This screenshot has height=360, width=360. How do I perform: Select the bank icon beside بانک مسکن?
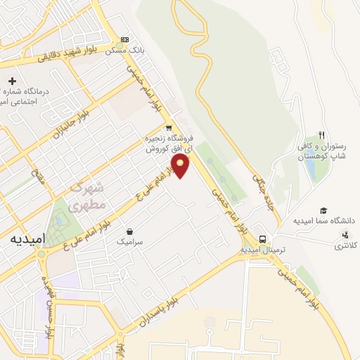(x=125, y=39)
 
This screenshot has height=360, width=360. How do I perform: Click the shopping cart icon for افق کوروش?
(x=168, y=128)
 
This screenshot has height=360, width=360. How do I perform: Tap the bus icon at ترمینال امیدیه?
(x=262, y=238)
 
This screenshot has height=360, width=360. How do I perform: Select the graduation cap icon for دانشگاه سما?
(x=323, y=210)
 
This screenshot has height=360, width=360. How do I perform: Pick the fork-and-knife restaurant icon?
(x=321, y=135)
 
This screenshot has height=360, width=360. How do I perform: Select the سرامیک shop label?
(x=130, y=241)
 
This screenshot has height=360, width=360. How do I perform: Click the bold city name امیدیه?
(x=27, y=239)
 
